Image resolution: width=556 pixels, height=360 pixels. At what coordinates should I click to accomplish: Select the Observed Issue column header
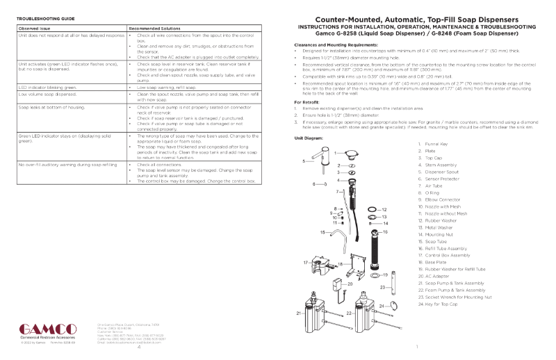pyautogui.click(x=33, y=27)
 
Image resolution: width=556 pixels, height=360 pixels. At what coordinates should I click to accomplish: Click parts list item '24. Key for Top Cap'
pyautogui.click(x=444, y=304)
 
